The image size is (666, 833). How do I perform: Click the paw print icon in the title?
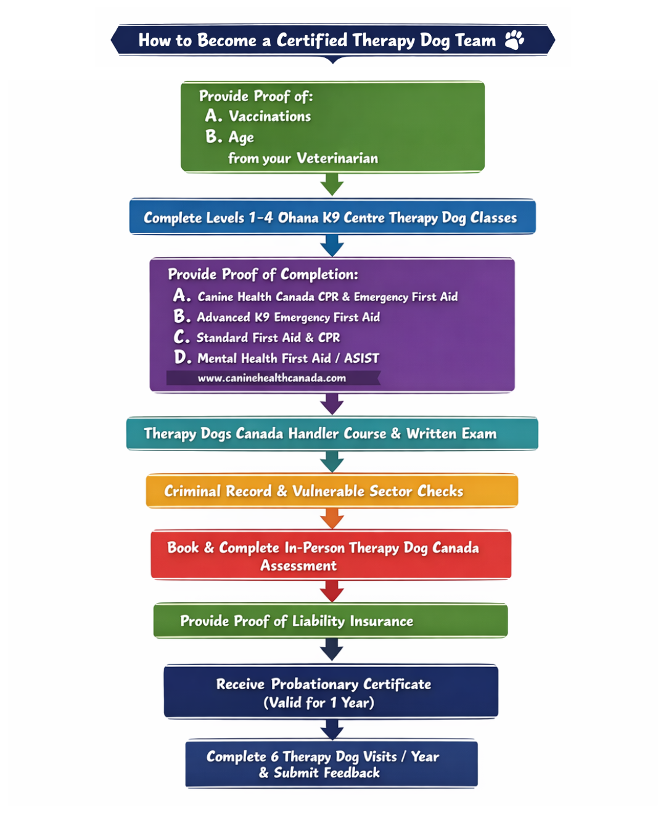tap(514, 40)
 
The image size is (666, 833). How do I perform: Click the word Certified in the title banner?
tap(312, 41)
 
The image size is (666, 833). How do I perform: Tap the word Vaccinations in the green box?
tap(269, 117)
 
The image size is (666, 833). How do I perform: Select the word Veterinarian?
tap(337, 159)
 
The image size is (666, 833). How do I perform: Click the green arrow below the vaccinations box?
tap(332, 184)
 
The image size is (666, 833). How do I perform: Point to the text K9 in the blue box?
tap(331, 218)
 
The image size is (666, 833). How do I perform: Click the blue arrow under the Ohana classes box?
tap(332, 246)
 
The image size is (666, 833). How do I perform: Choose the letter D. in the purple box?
tap(183, 357)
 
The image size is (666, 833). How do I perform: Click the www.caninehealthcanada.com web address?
tap(271, 378)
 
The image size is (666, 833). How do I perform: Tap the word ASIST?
tap(361, 358)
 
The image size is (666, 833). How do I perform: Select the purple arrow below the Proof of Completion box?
tap(332, 404)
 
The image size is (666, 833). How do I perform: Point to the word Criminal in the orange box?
tap(192, 491)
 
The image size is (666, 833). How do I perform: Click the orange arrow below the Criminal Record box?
tap(332, 519)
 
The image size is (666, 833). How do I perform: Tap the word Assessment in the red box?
tap(298, 566)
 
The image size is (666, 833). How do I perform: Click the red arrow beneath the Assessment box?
tap(332, 591)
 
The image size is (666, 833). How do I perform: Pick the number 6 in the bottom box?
tap(275, 757)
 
